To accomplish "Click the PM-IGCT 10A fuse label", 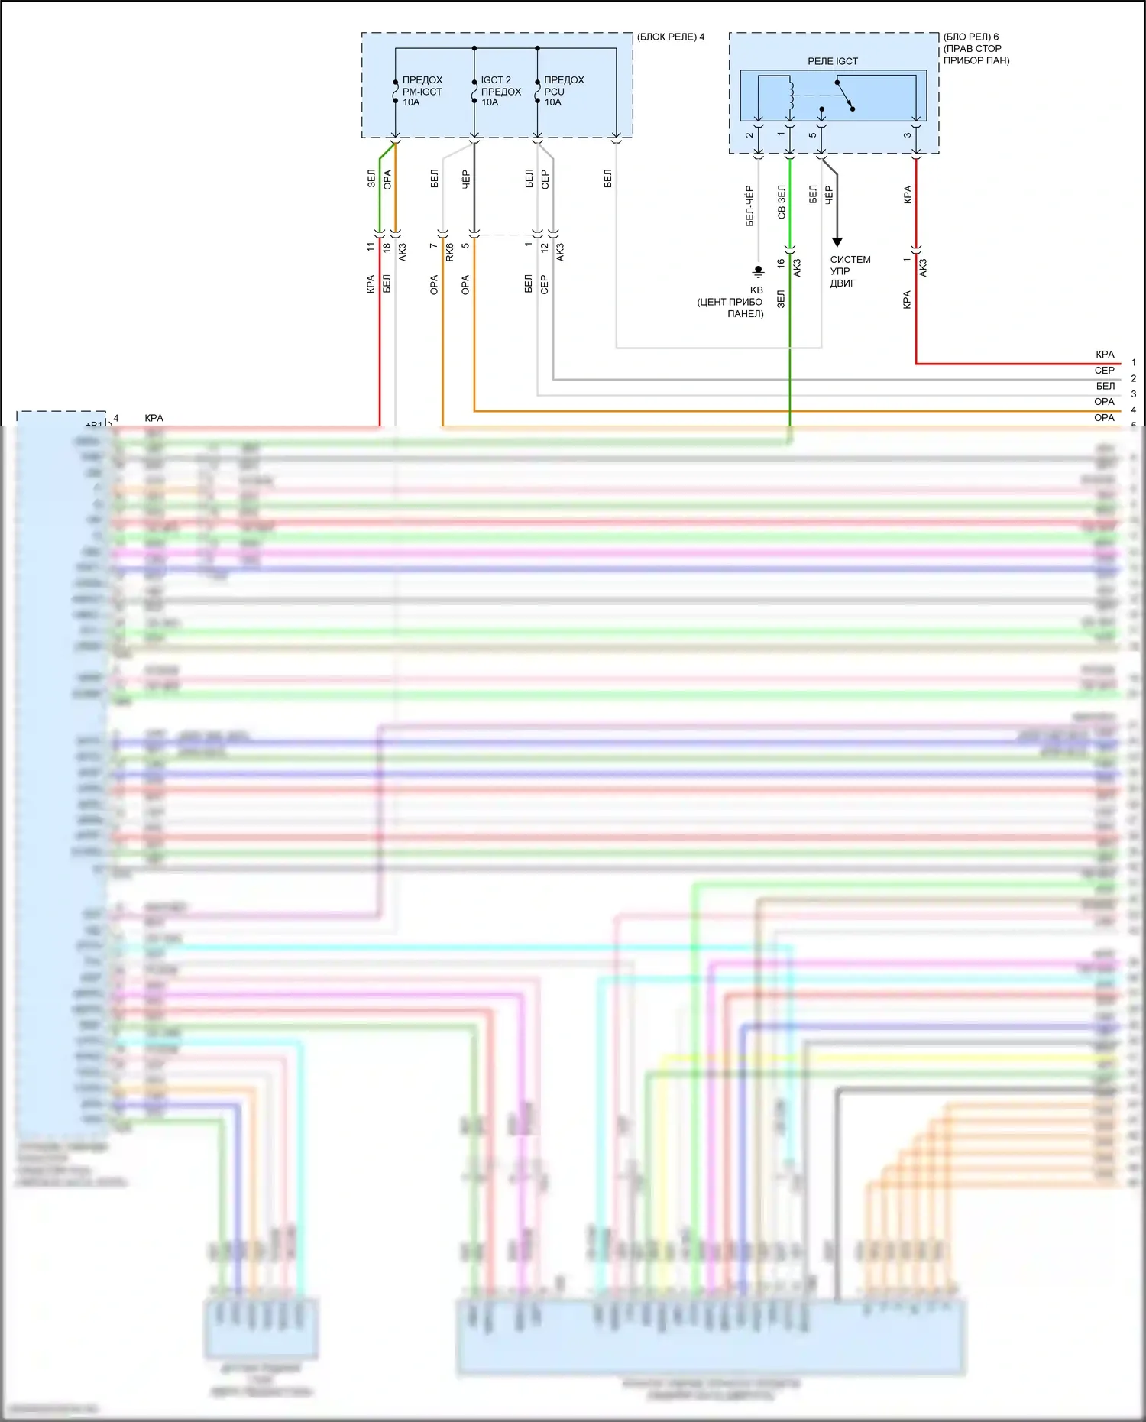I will [422, 91].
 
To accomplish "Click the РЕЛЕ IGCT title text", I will [833, 61].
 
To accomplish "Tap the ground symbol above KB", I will [758, 270].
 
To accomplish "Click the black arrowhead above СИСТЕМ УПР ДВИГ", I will [837, 242].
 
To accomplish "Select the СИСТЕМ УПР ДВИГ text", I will [850, 271].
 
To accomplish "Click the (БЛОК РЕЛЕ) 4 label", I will [670, 37].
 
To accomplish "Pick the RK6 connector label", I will [449, 251].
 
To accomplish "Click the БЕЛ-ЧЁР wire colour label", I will [749, 206].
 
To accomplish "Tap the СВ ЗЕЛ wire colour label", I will [782, 202].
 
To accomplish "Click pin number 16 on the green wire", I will [781, 263].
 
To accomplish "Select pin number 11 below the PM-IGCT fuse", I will [371, 247].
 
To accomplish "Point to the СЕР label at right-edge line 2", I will [1104, 371].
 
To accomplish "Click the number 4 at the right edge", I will [1134, 410].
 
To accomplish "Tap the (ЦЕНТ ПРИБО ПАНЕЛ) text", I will [730, 308].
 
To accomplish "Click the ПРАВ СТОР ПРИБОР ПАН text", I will [976, 54].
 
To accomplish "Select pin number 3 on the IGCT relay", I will [908, 135].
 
